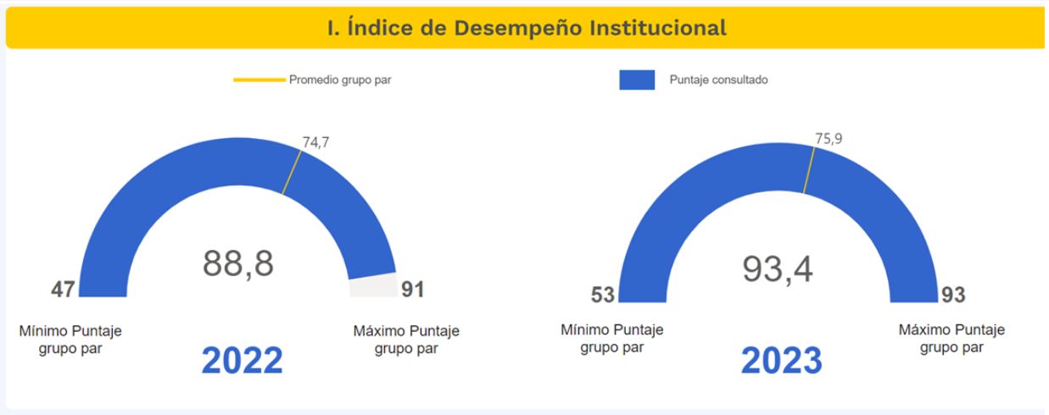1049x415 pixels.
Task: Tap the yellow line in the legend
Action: pos(259,80)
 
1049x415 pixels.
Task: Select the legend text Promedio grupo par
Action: pos(332,80)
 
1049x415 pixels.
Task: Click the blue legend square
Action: pos(637,80)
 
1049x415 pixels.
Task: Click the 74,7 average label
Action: pos(315,142)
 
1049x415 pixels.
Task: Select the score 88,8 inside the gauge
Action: pos(237,263)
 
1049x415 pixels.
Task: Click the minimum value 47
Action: pos(62,289)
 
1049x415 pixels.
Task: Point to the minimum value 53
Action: pos(603,296)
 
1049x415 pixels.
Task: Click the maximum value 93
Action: pos(954,296)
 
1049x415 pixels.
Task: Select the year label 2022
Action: pos(242,359)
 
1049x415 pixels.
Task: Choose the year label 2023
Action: pos(781,360)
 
